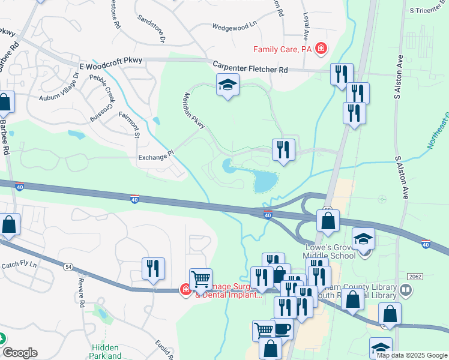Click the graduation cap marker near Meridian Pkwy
(x=228, y=86)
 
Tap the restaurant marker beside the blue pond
(x=283, y=150)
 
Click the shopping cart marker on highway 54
(x=200, y=279)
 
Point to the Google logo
(x=20, y=353)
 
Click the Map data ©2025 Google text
(x=412, y=355)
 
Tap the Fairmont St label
(x=129, y=124)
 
